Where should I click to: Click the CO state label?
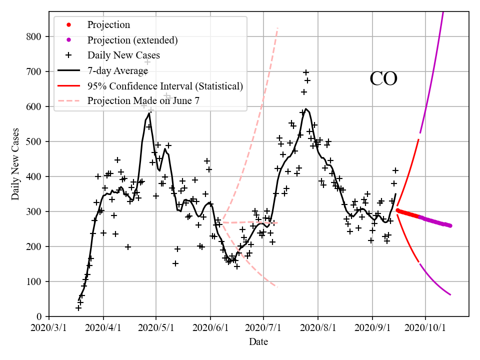click(383, 79)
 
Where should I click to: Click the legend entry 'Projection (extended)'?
click(132, 40)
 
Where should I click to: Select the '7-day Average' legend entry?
click(117, 70)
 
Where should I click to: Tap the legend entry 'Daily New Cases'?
click(123, 55)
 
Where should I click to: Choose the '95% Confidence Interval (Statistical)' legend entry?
click(165, 86)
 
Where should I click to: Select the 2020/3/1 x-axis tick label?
click(49, 328)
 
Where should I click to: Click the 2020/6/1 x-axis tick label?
click(210, 328)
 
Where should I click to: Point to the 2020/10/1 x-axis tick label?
click(425, 328)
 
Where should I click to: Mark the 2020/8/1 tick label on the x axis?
click(318, 328)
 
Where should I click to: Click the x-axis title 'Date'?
click(258, 342)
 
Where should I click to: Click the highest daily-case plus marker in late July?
click(306, 72)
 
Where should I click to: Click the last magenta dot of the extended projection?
click(450, 225)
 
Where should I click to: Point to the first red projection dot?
click(397, 210)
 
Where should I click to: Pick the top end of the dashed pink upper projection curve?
click(277, 28)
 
